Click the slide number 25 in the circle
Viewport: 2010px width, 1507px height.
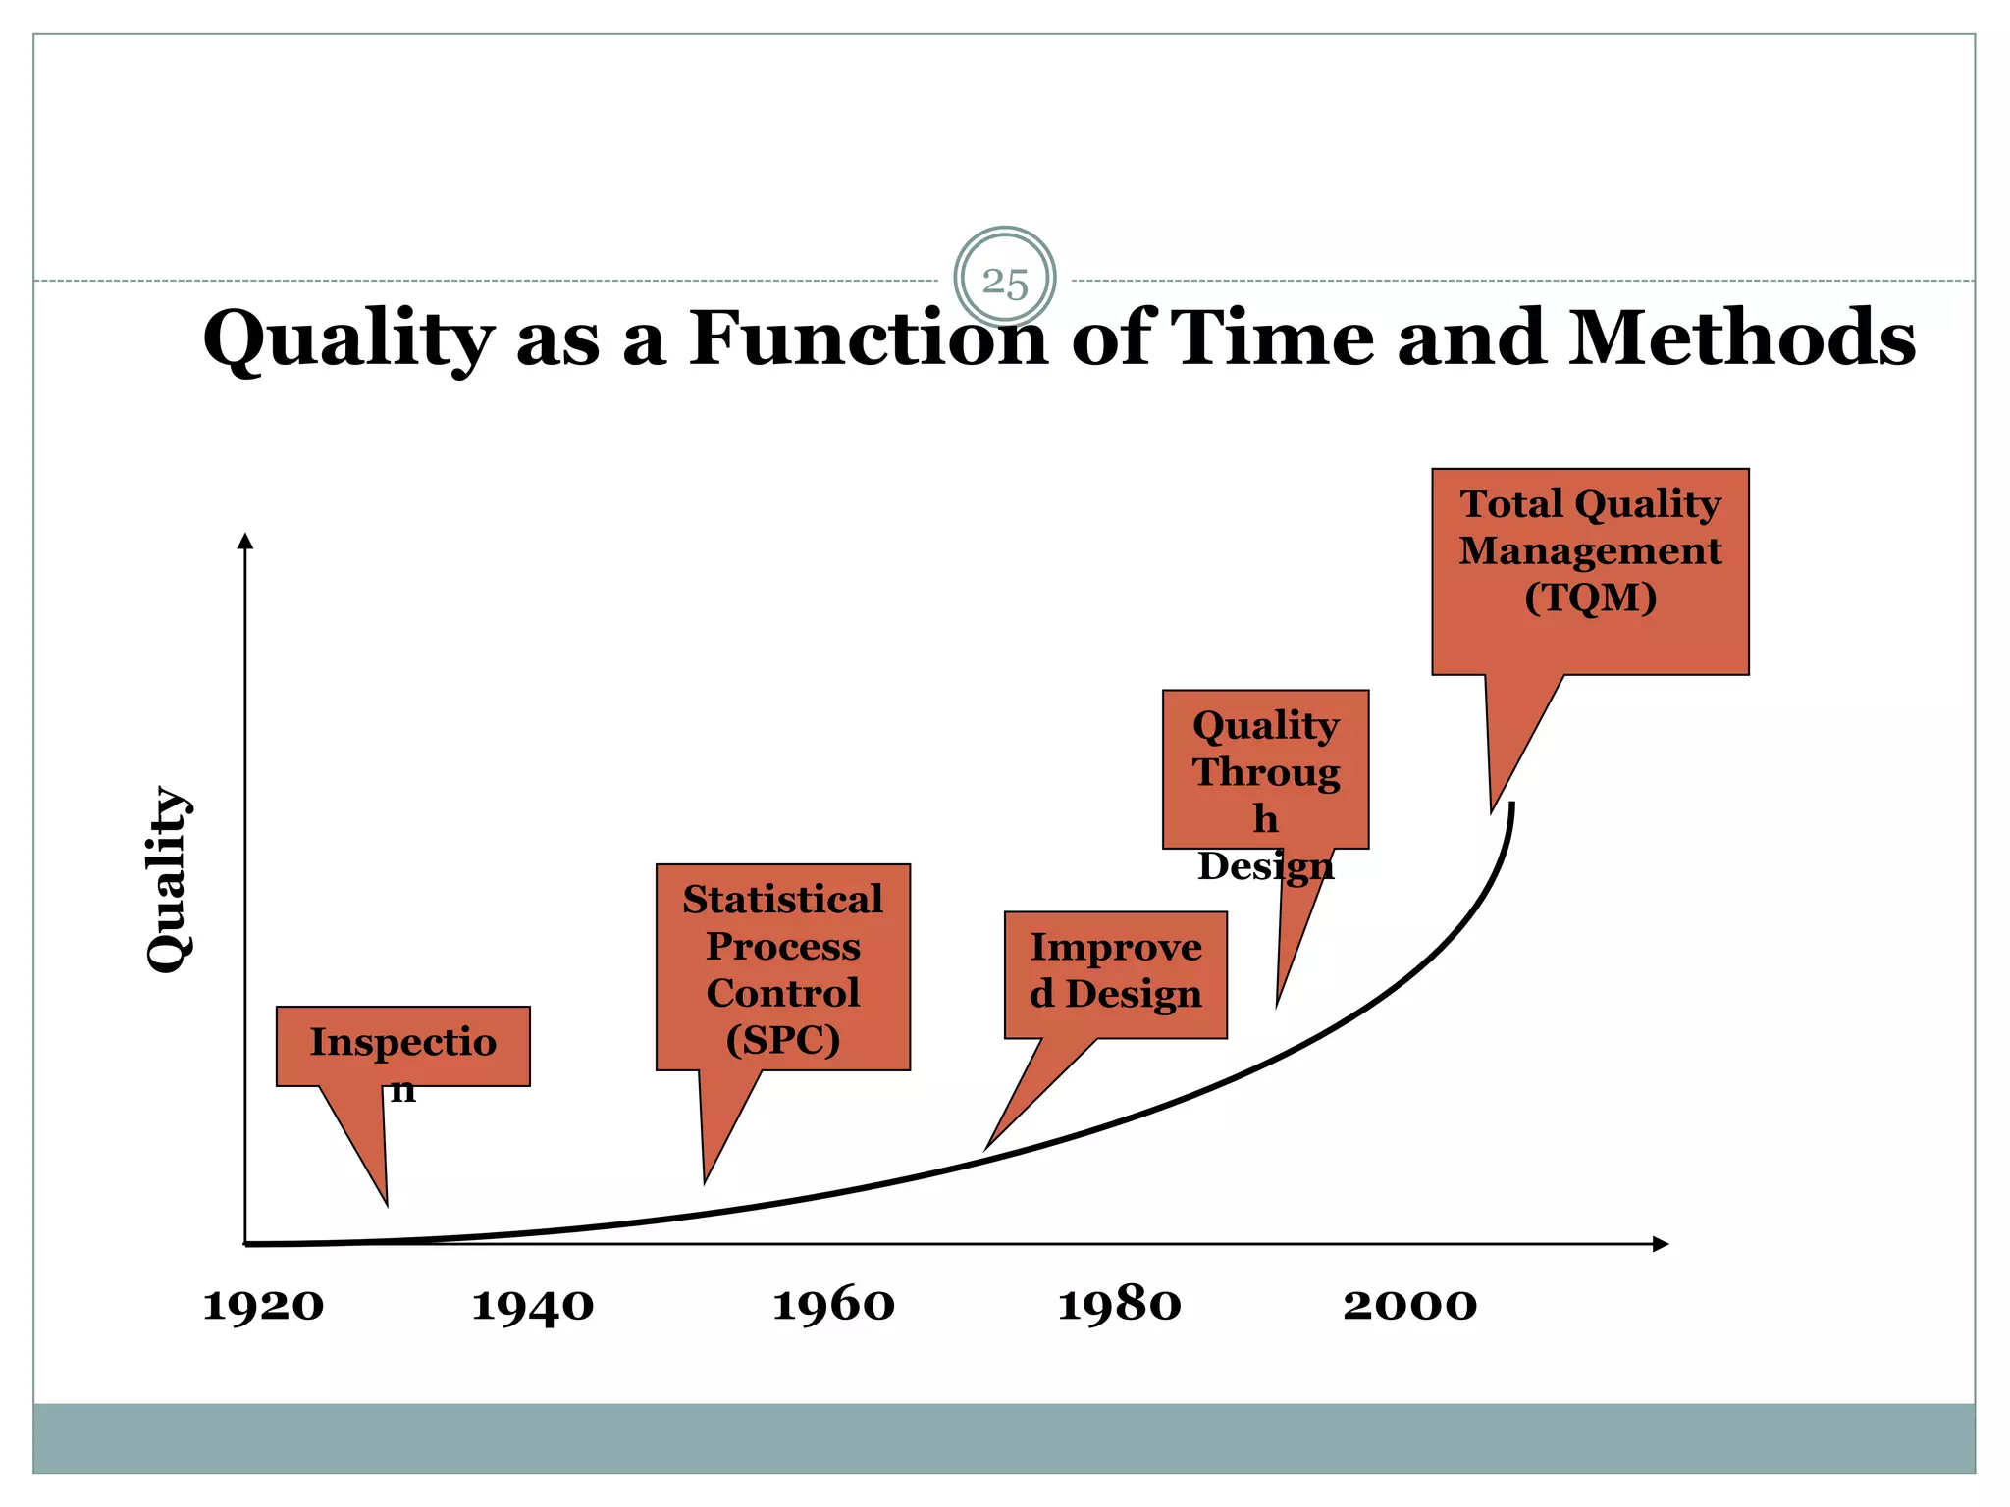pos(1005,283)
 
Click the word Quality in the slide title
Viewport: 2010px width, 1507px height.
pos(347,339)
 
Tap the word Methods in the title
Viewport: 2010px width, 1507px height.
pos(1741,338)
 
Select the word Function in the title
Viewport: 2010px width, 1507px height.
pos(868,338)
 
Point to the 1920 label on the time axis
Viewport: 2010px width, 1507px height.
pos(263,1306)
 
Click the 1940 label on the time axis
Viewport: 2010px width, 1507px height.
pos(533,1306)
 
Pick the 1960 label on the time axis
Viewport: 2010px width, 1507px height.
pos(833,1306)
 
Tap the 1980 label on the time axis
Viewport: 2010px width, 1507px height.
pos(1119,1306)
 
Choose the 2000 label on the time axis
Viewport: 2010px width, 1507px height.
pos(1409,1306)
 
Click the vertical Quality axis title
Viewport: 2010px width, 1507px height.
pos(168,879)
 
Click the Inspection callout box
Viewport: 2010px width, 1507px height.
pos(402,1046)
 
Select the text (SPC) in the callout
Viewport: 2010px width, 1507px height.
pos(783,1040)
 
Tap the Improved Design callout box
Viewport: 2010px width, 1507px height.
pos(1116,973)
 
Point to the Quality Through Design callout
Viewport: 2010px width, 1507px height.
pos(1265,769)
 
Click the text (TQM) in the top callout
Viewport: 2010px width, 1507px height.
pos(1590,598)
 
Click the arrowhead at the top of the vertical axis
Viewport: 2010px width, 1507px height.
pos(245,541)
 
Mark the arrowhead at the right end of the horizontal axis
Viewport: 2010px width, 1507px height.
pos(1661,1244)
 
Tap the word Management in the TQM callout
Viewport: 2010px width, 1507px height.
pos(1590,550)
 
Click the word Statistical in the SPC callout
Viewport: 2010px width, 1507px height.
pos(783,900)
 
